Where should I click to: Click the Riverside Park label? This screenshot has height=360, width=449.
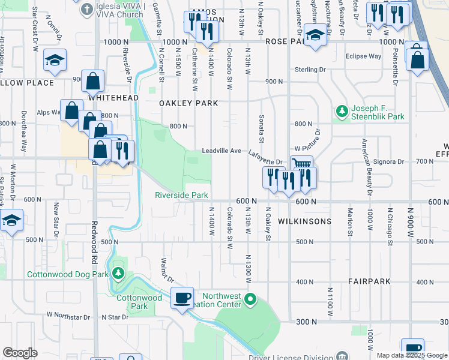pos(181,196)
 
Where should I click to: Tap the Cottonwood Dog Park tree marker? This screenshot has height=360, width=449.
pos(118,275)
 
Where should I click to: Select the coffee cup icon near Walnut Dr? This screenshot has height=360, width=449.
pos(182,298)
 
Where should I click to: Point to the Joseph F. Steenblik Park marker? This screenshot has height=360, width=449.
pos(342,111)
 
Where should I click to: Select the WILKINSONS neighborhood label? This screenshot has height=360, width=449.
pos(305,221)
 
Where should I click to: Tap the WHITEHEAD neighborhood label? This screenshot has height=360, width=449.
pos(113,97)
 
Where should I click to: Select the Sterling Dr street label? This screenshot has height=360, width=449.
pos(310,70)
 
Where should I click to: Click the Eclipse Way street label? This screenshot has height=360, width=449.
pos(363,56)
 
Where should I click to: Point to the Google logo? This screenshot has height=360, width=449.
pos(20,353)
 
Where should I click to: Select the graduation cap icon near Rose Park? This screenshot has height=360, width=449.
pos(314,35)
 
